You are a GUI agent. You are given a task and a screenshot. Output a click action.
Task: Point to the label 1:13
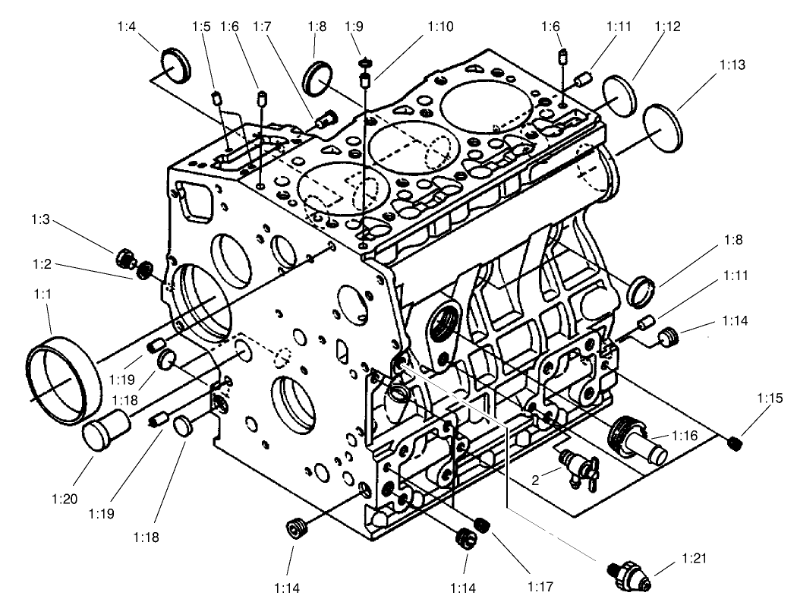click(x=731, y=65)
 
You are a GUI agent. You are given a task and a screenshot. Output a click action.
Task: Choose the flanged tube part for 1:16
click(x=639, y=440)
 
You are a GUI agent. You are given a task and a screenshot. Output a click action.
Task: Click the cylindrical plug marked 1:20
click(x=106, y=432)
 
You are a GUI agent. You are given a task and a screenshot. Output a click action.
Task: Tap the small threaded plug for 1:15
click(x=734, y=443)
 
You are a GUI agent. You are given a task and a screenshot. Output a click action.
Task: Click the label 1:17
click(x=540, y=586)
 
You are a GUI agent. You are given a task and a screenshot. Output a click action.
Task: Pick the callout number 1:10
click(x=440, y=27)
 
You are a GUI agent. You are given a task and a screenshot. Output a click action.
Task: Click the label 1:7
click(x=262, y=27)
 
